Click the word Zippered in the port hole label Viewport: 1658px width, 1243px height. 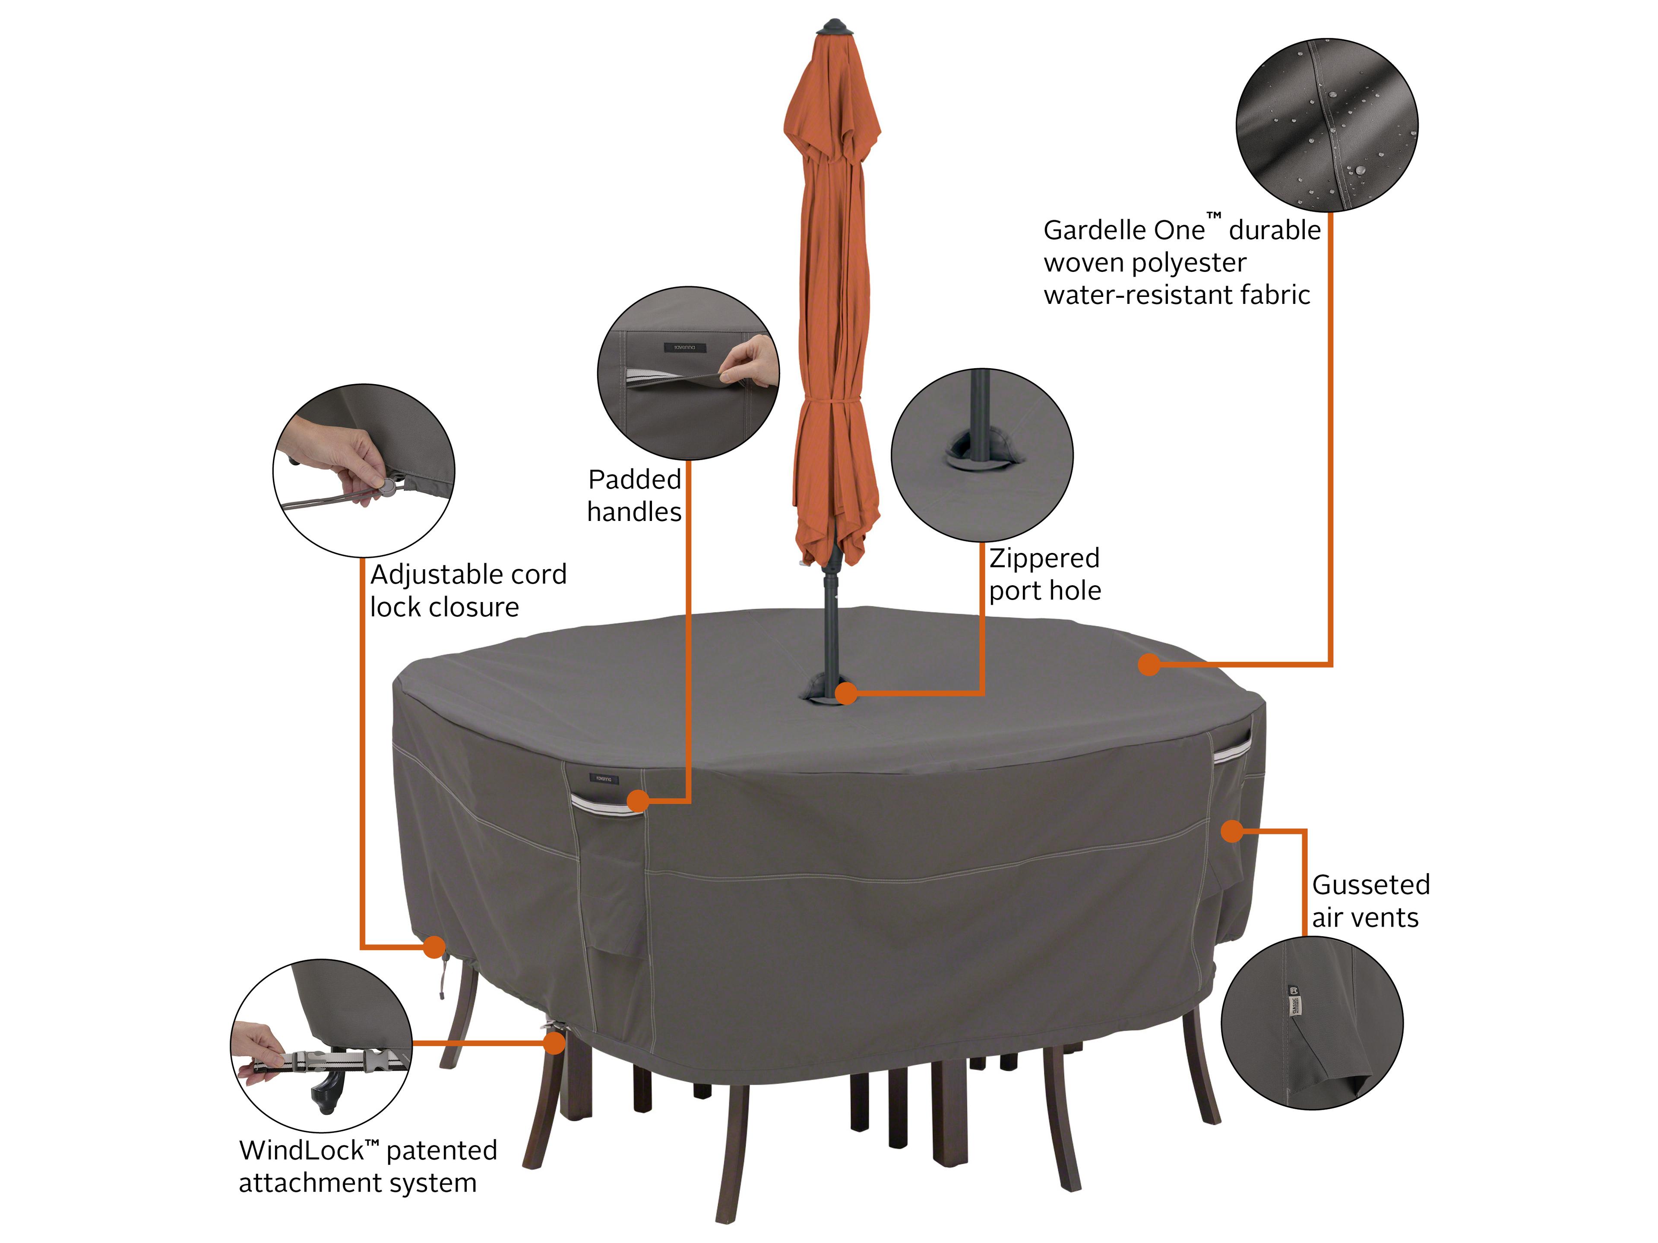pos(1044,558)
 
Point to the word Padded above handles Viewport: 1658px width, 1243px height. pos(634,480)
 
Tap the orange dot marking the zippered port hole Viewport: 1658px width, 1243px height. pos(845,694)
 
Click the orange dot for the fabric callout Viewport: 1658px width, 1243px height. pos(1149,665)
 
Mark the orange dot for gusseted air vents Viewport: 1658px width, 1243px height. pos(1231,831)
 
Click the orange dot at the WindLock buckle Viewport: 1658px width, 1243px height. pos(555,1042)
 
